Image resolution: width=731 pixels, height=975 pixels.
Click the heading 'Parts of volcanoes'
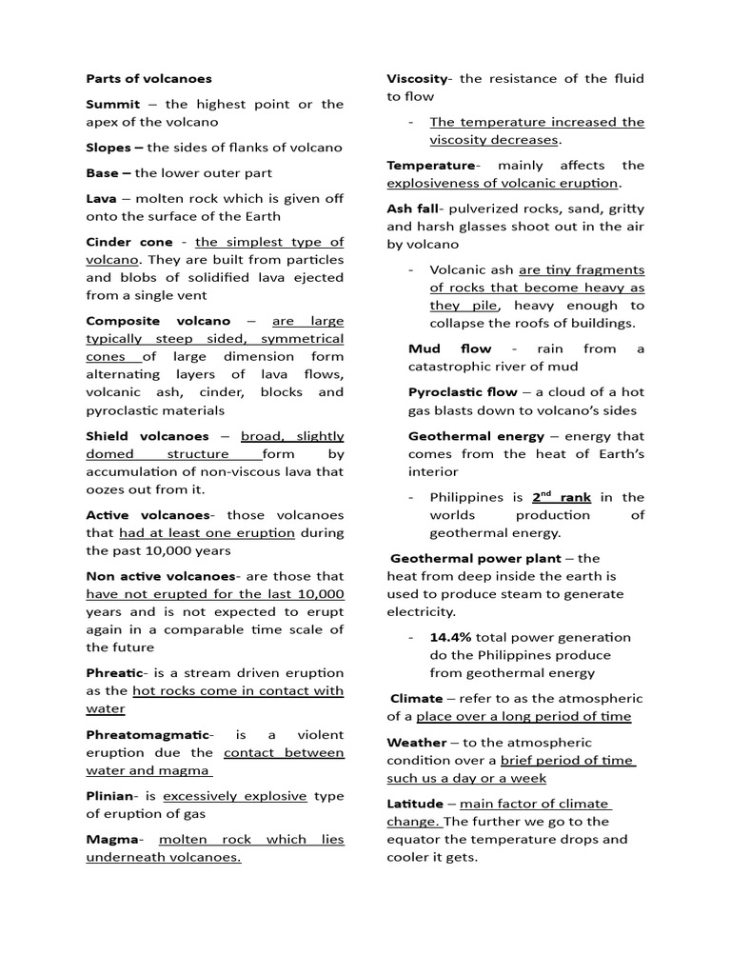click(x=148, y=78)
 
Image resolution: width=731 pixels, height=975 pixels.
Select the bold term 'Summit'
click(x=112, y=104)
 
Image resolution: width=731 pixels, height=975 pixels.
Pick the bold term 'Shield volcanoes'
click(x=148, y=436)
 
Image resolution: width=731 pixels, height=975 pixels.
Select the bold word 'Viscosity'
click(x=418, y=78)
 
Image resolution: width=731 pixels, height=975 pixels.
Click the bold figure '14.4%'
click(x=450, y=637)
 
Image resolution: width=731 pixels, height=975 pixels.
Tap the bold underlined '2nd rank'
click(x=561, y=496)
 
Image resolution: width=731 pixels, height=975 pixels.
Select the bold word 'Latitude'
click(x=415, y=804)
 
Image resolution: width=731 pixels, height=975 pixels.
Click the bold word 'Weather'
click(x=416, y=742)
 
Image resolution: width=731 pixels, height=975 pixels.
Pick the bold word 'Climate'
click(x=417, y=698)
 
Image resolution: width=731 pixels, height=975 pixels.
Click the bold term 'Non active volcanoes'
click(x=159, y=576)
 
